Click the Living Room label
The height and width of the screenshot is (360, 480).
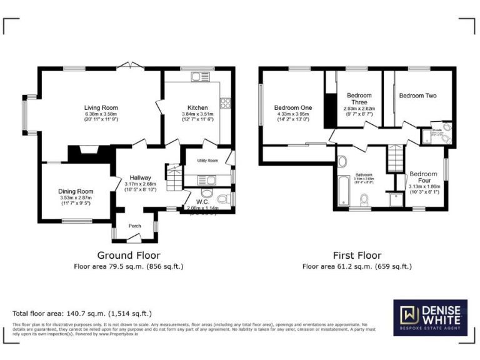click(101, 107)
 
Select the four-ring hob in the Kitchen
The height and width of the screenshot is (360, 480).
click(225, 102)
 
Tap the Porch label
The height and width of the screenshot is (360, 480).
click(134, 226)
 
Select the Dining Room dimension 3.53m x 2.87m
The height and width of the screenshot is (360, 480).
click(76, 198)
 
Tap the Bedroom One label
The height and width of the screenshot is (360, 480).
click(293, 107)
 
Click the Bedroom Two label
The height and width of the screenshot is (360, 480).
click(417, 96)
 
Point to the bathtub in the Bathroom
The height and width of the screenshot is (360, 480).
click(342, 189)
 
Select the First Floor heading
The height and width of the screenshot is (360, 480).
click(357, 255)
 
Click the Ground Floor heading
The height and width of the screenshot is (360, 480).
click(128, 255)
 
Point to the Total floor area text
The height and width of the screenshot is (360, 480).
click(82, 313)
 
